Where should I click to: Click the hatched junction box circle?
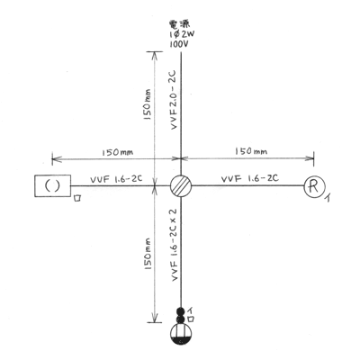181,186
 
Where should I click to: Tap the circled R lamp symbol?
314,187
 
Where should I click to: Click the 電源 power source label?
180,24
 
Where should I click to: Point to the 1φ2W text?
182,34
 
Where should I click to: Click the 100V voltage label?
180,44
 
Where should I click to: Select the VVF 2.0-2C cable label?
174,100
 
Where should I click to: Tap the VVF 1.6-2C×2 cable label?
175,245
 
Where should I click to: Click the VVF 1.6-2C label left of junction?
116,179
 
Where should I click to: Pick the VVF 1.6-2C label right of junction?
250,178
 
